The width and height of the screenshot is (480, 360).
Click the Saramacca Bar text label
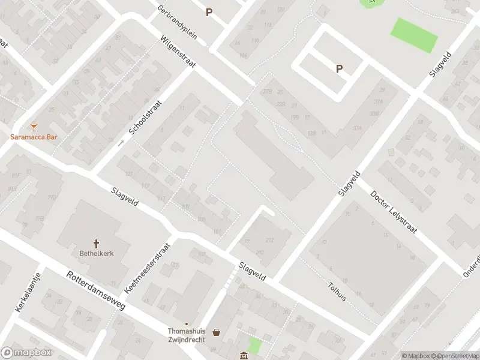(34, 137)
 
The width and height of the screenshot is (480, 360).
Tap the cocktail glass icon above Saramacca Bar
(34, 127)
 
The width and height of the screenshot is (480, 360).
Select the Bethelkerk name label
(97, 253)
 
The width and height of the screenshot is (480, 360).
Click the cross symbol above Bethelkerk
(97, 243)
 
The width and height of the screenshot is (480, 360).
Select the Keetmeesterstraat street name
(148, 268)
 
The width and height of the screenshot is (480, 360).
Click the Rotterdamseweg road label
(96, 289)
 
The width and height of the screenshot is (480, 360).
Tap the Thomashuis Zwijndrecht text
(186, 335)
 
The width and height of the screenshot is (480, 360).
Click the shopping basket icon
(215, 332)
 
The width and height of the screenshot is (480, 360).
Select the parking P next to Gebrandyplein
(209, 12)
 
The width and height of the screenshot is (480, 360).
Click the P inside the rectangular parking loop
(339, 69)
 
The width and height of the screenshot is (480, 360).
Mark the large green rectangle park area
(415, 35)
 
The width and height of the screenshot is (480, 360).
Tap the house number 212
(269, 241)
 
